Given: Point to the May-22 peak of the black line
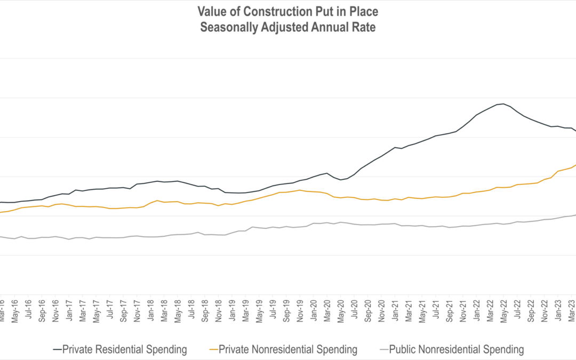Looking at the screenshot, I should (x=503, y=104).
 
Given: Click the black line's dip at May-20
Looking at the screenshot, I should (x=341, y=180).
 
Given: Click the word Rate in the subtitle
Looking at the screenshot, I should (x=363, y=27).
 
